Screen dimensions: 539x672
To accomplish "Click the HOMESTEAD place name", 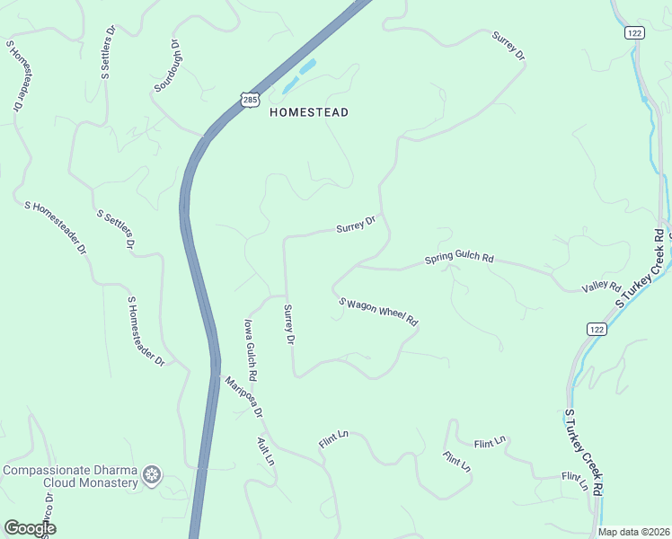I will click(x=308, y=112).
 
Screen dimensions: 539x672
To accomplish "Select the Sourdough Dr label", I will click(x=167, y=66).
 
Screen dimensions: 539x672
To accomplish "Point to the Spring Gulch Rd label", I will click(x=459, y=259).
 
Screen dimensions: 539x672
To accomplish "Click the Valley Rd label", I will click(x=601, y=287).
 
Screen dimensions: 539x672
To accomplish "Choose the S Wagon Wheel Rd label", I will click(x=378, y=310).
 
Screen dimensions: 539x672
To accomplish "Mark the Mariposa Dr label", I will click(x=243, y=396).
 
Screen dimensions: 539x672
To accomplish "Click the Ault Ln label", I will click(x=265, y=450).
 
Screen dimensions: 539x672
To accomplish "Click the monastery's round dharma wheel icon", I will click(x=153, y=474).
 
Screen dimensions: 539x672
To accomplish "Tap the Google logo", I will click(x=30, y=528).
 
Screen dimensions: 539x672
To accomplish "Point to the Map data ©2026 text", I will click(x=633, y=532).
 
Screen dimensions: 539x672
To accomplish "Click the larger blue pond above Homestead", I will click(x=307, y=66).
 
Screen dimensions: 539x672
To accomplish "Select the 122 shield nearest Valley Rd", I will click(x=597, y=330).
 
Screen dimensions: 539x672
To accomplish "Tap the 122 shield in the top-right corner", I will click(x=633, y=32).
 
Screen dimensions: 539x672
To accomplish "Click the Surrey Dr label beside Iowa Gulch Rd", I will click(x=289, y=324).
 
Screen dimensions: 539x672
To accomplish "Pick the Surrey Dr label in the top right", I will click(x=508, y=46).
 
